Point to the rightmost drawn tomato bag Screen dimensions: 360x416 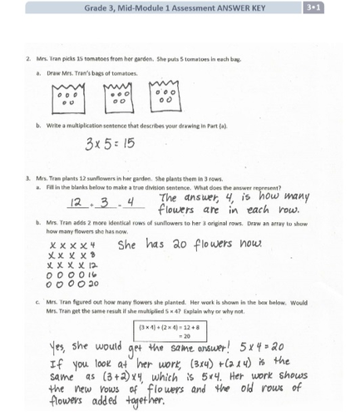click(168, 97)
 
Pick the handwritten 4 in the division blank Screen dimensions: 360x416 click(131, 202)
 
